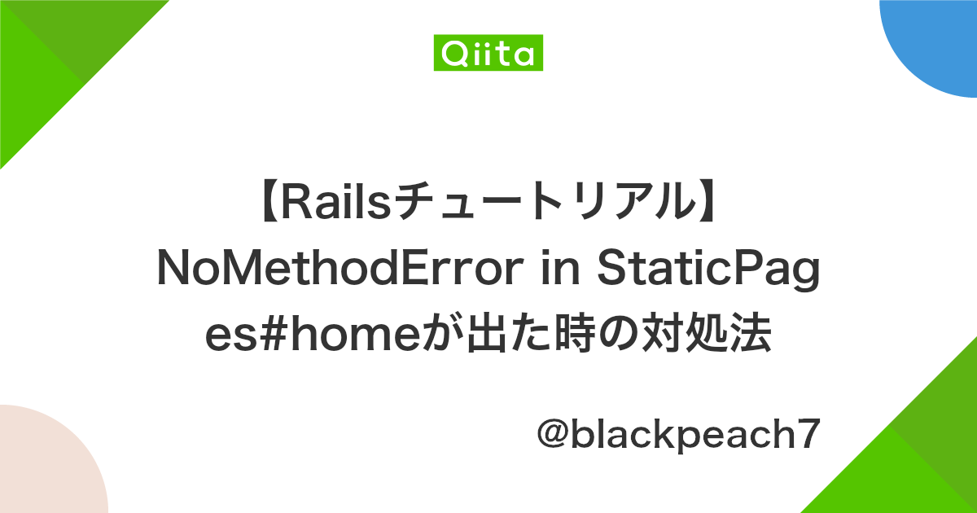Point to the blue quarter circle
(936, 41)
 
